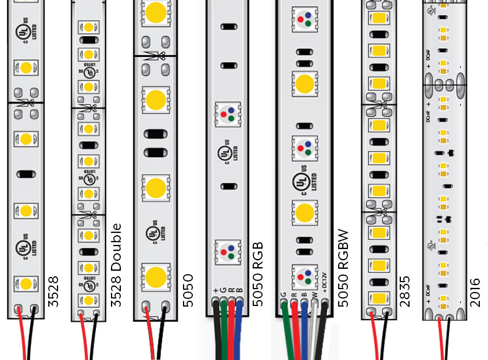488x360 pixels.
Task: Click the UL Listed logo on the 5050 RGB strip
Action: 224,154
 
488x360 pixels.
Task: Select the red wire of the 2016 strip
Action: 439,340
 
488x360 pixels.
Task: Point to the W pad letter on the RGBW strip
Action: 315,294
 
